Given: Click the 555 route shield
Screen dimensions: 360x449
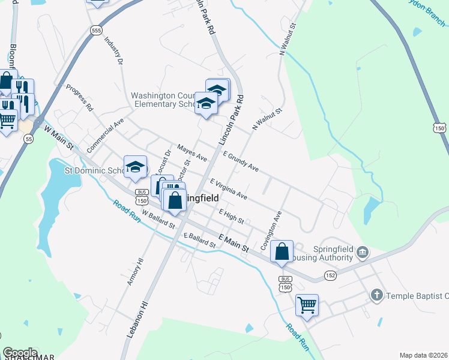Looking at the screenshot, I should pyautogui.click(x=96, y=29).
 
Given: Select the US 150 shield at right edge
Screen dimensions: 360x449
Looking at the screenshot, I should pyautogui.click(x=439, y=128).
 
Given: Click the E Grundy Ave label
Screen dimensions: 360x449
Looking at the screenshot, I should pyautogui.click(x=241, y=161).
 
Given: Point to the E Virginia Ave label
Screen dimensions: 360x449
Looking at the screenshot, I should pyautogui.click(x=228, y=188).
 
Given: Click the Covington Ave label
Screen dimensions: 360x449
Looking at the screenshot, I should pyautogui.click(x=271, y=230).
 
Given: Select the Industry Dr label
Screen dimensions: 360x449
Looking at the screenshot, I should pyautogui.click(x=113, y=51).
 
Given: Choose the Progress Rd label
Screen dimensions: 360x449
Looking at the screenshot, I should pyautogui.click(x=80, y=98).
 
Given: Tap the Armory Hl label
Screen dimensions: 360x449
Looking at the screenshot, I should pyautogui.click(x=136, y=270).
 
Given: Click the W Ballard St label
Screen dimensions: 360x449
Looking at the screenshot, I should pyautogui.click(x=158, y=221).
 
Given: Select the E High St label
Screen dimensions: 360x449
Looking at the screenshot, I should pyautogui.click(x=231, y=216).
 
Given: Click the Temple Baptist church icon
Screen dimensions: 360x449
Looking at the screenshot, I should pyautogui.click(x=376, y=295).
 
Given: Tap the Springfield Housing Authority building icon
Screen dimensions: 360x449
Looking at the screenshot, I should pyautogui.click(x=362, y=251).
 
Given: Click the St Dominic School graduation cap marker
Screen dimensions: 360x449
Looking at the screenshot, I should pyautogui.click(x=135, y=167).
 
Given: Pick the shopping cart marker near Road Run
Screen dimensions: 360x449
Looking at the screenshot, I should pyautogui.click(x=307, y=305).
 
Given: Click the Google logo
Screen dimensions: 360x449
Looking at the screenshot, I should pyautogui.click(x=20, y=353).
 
